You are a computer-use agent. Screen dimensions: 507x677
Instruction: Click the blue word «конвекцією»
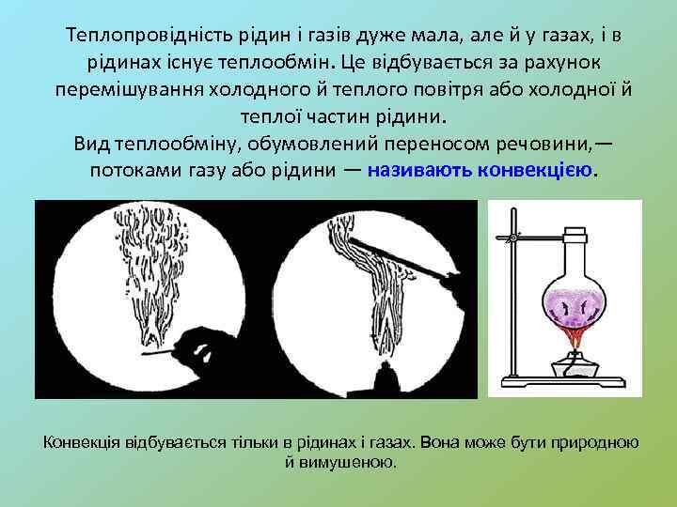click(535, 171)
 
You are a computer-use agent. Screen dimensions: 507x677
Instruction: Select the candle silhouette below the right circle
click(386, 379)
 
